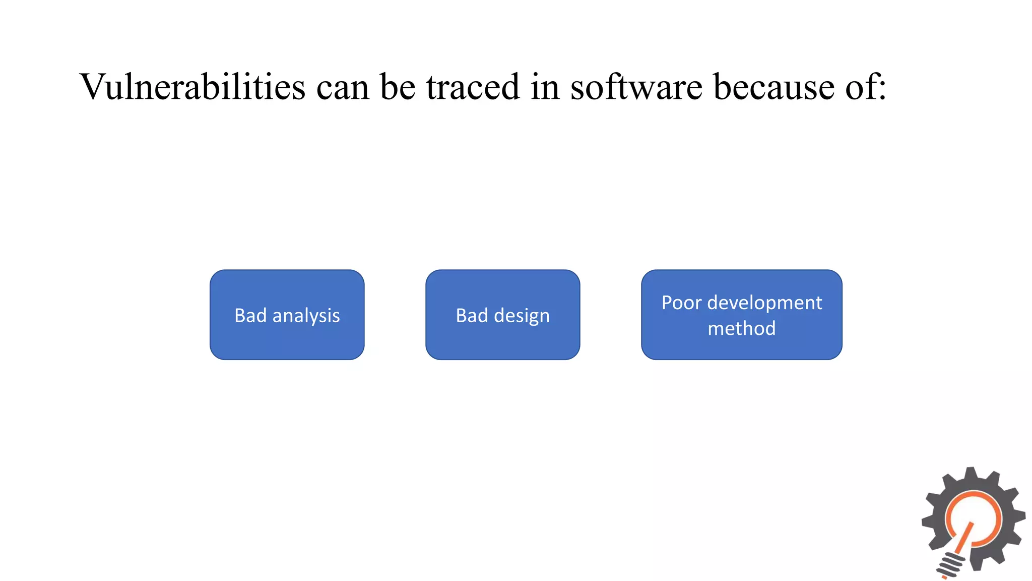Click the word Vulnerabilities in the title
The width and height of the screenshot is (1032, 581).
[192, 87]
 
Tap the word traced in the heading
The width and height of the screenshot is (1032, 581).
[473, 87]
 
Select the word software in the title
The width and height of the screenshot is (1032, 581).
[636, 87]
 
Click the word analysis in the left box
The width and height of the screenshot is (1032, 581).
[306, 316]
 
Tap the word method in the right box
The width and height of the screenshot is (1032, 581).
[741, 328]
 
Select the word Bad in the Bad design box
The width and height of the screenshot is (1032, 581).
[472, 315]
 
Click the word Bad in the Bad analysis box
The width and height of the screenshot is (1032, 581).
[250, 315]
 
